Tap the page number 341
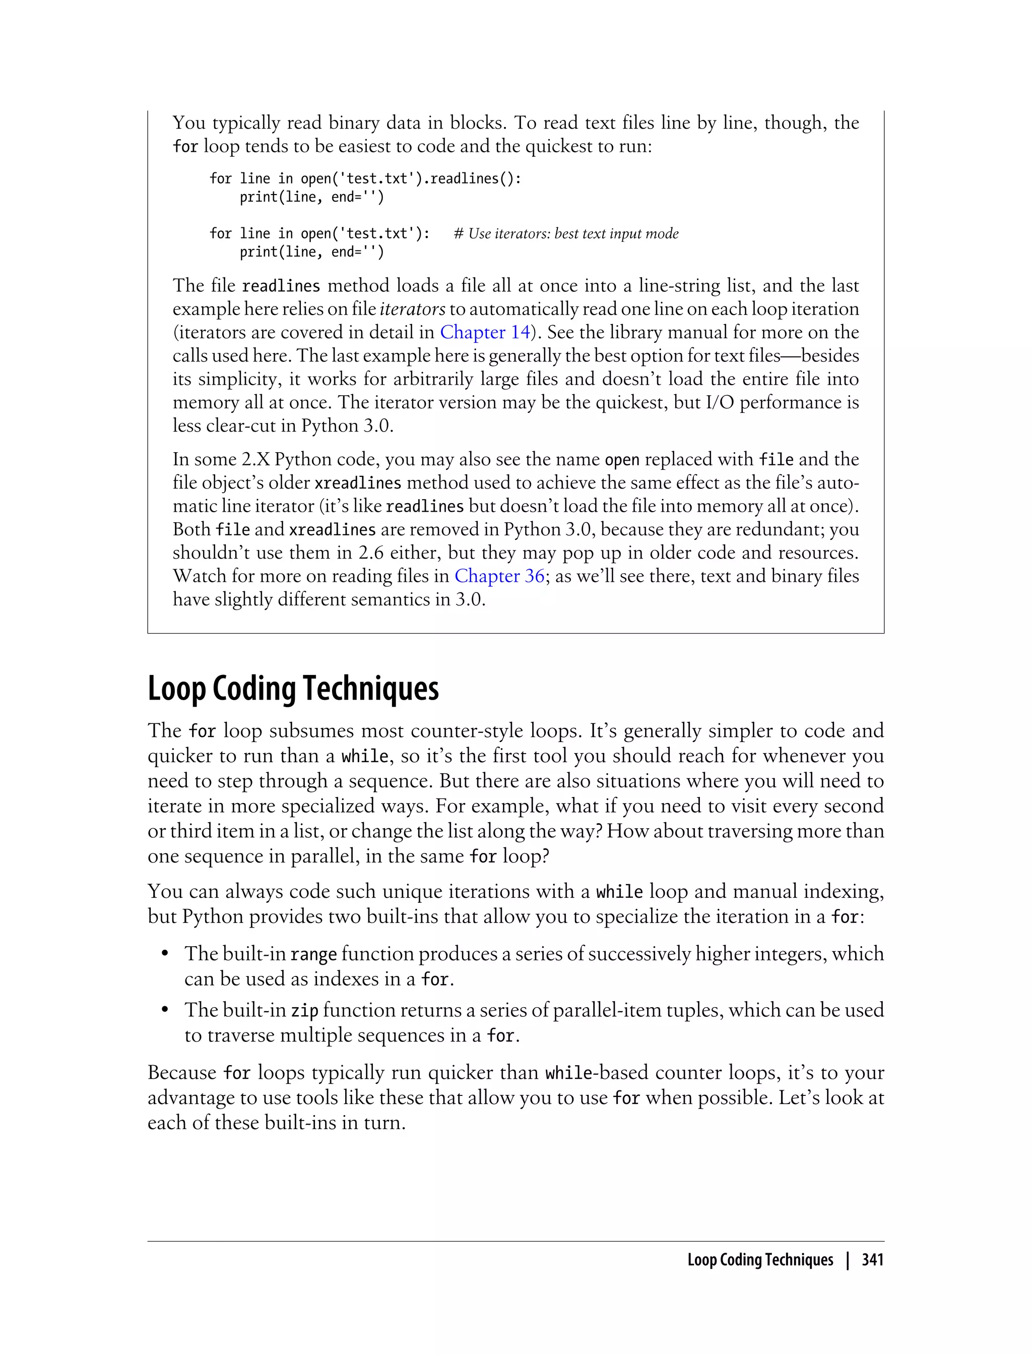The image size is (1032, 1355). click(x=872, y=1260)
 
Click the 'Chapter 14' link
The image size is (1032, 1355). click(x=485, y=333)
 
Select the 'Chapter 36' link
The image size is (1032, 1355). click(x=499, y=576)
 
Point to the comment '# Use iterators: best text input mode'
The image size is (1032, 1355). click(x=566, y=233)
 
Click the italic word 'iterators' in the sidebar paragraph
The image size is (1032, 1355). click(x=412, y=309)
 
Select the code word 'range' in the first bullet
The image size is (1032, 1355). click(x=313, y=954)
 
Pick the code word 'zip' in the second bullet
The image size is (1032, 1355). click(x=304, y=1010)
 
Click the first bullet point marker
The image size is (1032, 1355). click(x=165, y=954)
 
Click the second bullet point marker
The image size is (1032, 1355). click(x=165, y=1010)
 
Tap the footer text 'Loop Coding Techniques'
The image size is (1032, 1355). click(x=760, y=1260)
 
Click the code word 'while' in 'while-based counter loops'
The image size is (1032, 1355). click(x=569, y=1073)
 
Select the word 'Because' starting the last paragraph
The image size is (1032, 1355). click(x=182, y=1072)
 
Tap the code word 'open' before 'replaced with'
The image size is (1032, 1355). click(x=622, y=460)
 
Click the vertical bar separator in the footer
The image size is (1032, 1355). click(x=848, y=1260)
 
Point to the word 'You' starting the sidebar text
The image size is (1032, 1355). click(x=188, y=123)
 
